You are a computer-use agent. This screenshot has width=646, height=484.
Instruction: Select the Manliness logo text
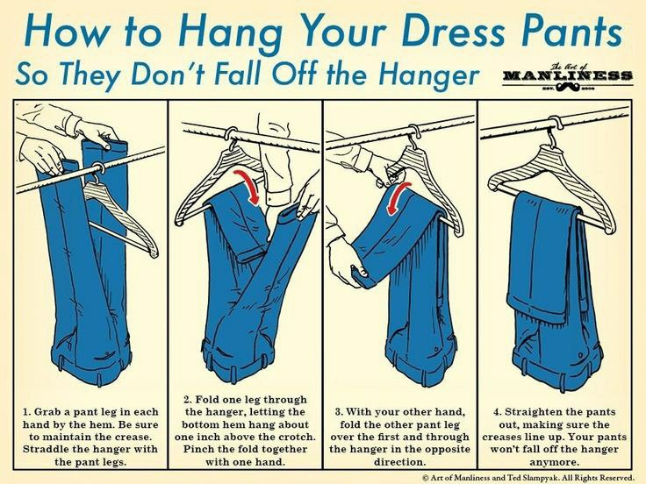tap(567, 75)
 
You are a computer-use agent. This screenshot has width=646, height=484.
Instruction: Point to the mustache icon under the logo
tap(568, 86)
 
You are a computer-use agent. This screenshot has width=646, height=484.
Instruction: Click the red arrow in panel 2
tap(248, 187)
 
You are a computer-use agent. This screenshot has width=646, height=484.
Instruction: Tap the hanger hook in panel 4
tap(552, 131)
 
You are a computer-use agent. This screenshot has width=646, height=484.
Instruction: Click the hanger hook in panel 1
tap(97, 172)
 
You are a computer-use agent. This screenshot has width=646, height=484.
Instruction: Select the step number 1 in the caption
tap(26, 412)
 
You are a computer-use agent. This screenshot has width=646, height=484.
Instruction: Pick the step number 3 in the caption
tap(339, 412)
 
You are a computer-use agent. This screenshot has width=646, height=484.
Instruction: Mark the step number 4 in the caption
tap(498, 412)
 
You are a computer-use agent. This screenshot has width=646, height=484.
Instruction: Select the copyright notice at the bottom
tap(529, 477)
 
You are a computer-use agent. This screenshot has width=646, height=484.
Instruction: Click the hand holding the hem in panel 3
tap(347, 262)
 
